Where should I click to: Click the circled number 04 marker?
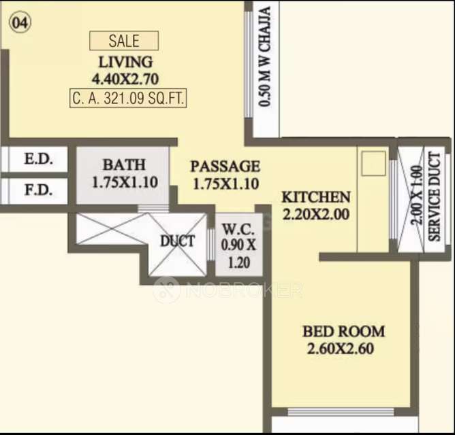point(20,22)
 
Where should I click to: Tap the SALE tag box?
point(124,41)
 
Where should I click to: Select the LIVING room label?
point(125,62)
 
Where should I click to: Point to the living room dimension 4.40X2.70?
point(125,78)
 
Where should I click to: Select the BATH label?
point(123,164)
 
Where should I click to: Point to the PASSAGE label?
point(225,166)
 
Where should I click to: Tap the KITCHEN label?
point(316,197)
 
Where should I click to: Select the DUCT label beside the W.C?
point(177,241)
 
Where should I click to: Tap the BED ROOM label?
point(343,332)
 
